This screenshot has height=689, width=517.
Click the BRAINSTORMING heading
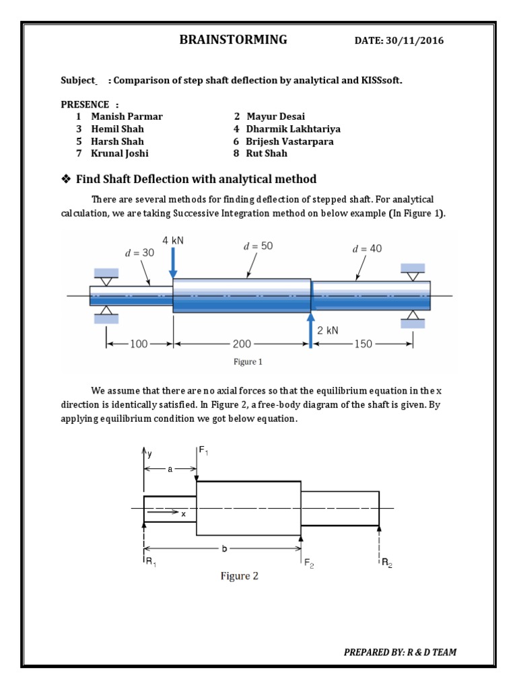233,40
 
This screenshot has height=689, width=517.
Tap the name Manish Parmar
127,116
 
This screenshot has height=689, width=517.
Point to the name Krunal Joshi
120,153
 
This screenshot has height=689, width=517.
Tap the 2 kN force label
329,330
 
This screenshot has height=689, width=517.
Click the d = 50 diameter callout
258,247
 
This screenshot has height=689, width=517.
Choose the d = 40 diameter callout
367,249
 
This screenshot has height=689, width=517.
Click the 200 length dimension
242,344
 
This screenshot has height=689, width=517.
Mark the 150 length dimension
363,344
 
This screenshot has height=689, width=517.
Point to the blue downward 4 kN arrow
174,262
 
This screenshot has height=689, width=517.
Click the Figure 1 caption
248,362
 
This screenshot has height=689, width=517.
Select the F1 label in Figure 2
203,451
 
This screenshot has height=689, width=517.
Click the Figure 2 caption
240,576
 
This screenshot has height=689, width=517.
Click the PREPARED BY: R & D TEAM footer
401,652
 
